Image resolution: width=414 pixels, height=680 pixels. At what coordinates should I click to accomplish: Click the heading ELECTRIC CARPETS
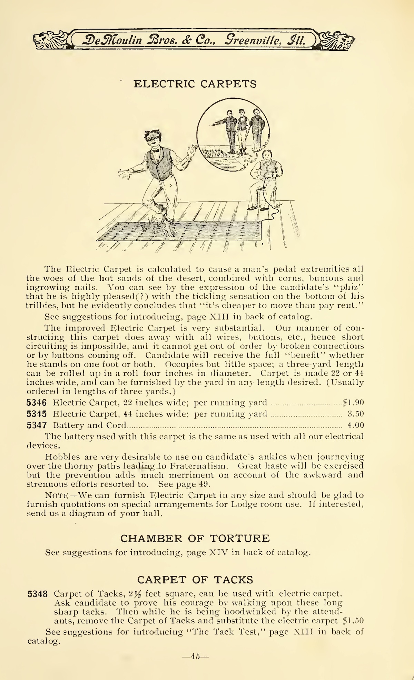195,84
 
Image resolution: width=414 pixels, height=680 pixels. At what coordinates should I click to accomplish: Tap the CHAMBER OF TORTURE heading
195,538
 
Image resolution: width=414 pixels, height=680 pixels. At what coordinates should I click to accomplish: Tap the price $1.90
353,403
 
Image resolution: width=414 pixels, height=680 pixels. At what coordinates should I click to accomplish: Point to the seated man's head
266,156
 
